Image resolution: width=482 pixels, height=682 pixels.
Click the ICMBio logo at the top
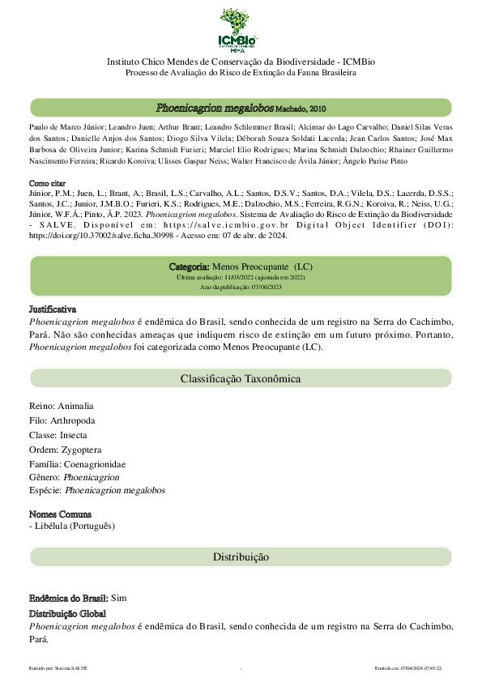241,31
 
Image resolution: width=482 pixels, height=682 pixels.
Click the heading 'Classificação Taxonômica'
241,378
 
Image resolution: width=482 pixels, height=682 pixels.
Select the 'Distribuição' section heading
241,557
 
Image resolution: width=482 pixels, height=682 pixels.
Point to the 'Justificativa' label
53,309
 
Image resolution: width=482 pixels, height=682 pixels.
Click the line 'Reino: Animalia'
62,406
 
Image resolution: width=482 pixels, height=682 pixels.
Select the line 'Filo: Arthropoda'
62,420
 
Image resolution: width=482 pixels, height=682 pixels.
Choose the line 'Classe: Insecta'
58,435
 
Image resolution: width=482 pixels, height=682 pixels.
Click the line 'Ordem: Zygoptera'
65,450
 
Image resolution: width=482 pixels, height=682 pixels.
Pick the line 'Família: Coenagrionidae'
78,464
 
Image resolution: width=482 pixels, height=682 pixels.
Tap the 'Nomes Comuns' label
60,514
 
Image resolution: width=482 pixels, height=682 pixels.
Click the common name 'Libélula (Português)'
75,526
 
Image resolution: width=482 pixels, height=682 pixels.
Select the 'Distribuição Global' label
67,614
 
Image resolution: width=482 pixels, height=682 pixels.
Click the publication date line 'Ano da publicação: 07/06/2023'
241,287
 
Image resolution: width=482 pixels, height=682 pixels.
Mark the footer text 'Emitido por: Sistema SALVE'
58,667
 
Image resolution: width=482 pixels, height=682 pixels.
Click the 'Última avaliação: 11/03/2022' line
241,277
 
